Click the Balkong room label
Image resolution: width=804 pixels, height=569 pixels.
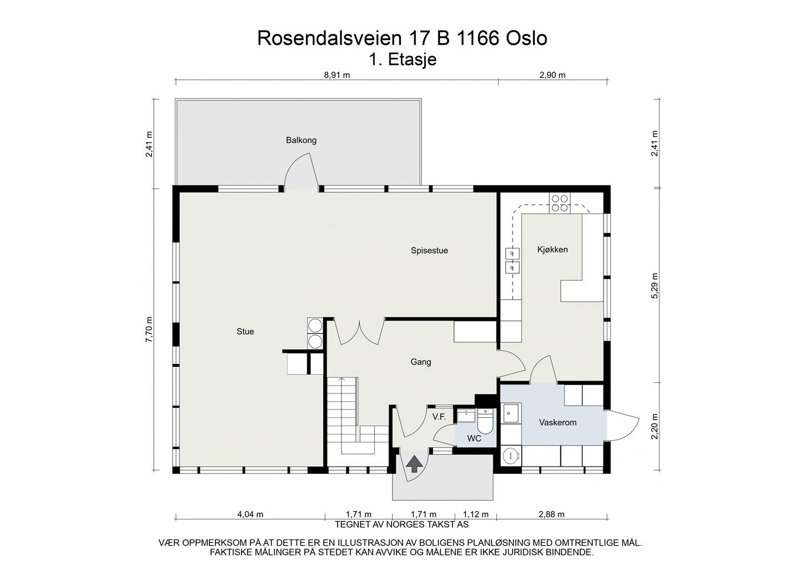coord(301,140)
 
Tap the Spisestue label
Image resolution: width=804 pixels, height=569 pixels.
coord(429,251)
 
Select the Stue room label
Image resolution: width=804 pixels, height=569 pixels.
coord(245,332)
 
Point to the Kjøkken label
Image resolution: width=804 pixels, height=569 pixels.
coord(552,249)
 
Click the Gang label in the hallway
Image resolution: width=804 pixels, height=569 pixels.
coord(421,362)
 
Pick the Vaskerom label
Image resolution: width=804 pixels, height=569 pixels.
coord(557,422)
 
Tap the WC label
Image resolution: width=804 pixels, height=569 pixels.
coord(474,438)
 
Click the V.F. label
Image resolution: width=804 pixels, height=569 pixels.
coord(439,416)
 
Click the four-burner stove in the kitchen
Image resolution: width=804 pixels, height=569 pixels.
coord(559,204)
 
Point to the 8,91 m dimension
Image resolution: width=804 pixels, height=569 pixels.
coord(337,76)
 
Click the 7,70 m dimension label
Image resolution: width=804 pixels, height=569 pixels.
coord(149,330)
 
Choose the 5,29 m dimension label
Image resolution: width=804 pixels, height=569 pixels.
coord(655,286)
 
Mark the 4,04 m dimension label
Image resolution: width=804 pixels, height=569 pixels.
coord(250,515)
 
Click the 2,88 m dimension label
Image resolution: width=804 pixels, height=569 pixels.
coord(551,515)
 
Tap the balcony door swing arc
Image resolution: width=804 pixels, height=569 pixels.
coord(300,171)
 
